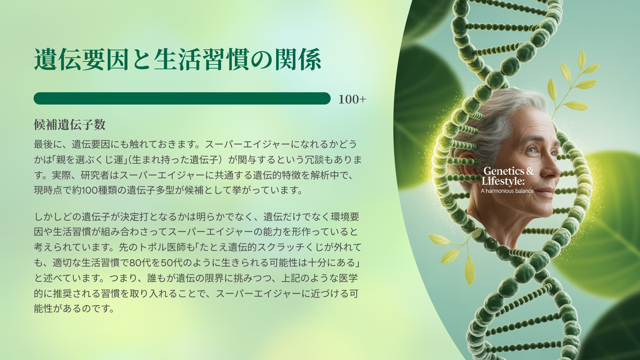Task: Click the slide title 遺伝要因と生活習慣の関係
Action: (x=178, y=60)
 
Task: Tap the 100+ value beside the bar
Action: (x=352, y=99)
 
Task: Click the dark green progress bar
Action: (x=182, y=98)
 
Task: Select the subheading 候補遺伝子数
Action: (x=70, y=125)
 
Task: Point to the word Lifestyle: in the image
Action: (x=503, y=181)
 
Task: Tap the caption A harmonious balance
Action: (x=507, y=191)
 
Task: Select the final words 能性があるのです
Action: (x=74, y=309)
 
